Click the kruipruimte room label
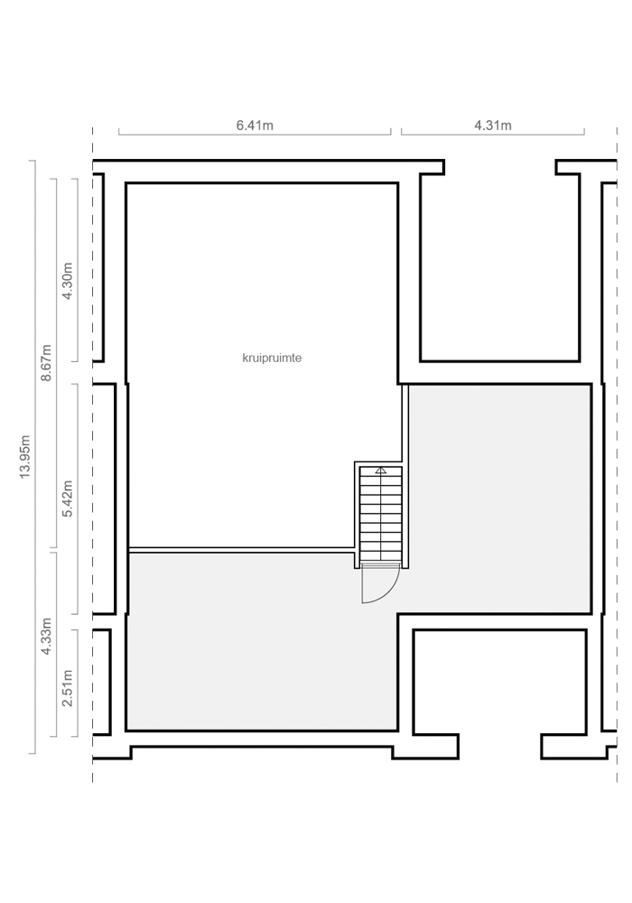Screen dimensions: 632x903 tap(273, 358)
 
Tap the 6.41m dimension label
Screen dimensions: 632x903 tap(255, 125)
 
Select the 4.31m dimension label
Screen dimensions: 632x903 tap(493, 125)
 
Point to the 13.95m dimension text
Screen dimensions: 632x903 tap(24, 456)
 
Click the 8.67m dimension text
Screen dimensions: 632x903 tap(46, 363)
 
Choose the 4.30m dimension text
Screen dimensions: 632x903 tap(68, 281)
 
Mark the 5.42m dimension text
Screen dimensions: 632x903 tap(68, 498)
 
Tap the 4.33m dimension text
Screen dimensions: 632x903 tap(46, 637)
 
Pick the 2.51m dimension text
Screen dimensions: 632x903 tap(68, 687)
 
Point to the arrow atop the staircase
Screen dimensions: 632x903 tap(380, 470)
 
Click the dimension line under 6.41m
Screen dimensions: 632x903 tap(255, 135)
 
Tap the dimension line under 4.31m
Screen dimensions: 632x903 tap(493, 135)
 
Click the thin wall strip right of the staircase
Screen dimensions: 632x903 tap(405, 476)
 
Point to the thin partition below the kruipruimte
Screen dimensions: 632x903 tap(241, 550)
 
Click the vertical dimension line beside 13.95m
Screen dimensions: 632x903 tap(35, 457)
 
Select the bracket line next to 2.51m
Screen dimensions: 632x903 tap(78, 683)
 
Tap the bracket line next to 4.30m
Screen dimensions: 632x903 tap(78, 270)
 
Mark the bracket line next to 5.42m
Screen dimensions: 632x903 tap(78, 498)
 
